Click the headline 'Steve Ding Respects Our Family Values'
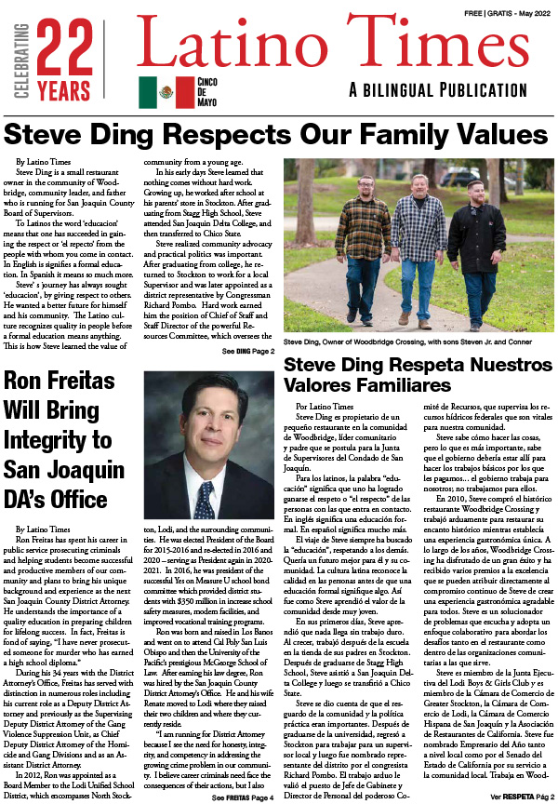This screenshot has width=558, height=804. pyautogui.click(x=278, y=133)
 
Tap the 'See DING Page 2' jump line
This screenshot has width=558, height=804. pyautogui.click(x=247, y=351)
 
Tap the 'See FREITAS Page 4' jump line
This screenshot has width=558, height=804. pyautogui.click(x=243, y=797)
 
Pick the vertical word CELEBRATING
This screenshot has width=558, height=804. pyautogui.click(x=14, y=55)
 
